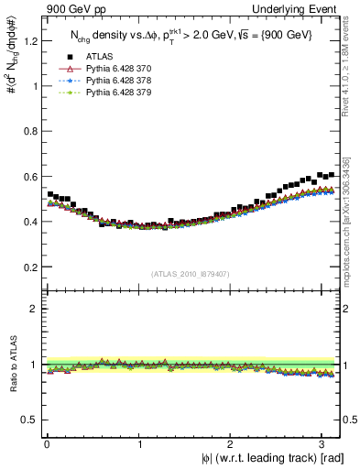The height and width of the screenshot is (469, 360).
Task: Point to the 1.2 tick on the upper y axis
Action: (x=30, y=41)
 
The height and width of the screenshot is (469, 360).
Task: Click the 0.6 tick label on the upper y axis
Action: (x=30, y=177)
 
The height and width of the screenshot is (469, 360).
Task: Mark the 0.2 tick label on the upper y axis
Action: (x=30, y=267)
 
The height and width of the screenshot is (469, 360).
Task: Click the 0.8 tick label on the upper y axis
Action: (x=30, y=131)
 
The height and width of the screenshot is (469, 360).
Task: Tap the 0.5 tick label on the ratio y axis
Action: (x=30, y=420)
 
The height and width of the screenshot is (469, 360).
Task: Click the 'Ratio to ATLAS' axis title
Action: (x=12, y=365)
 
